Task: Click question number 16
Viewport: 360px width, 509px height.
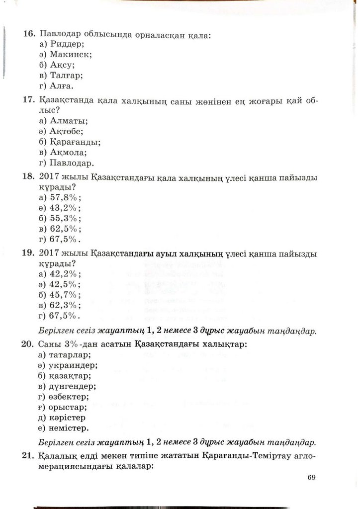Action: pyautogui.click(x=28, y=35)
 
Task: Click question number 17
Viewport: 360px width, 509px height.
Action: pyautogui.click(x=28, y=101)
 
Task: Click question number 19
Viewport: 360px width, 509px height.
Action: pyautogui.click(x=28, y=254)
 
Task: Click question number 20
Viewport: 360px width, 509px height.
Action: pyautogui.click(x=28, y=343)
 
